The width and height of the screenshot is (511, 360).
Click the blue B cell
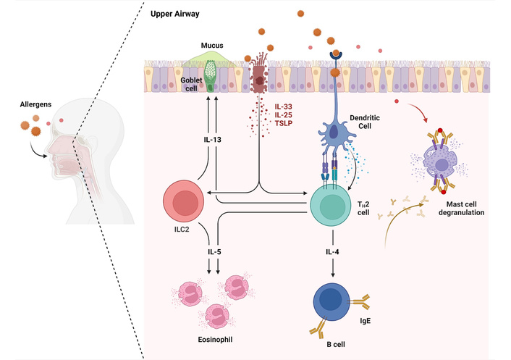click(334, 304)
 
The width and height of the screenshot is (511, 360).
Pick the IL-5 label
click(215, 252)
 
